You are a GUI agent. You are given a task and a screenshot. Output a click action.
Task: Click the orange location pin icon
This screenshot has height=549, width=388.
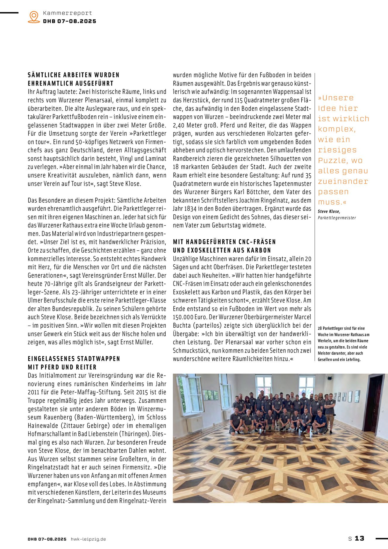click(34, 17)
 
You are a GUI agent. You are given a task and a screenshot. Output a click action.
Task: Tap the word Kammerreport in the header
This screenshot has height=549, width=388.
click(67, 13)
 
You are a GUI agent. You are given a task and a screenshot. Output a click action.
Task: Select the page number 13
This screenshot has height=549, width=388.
click(360, 538)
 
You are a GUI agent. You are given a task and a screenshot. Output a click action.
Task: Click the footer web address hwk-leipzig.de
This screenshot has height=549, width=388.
click(88, 539)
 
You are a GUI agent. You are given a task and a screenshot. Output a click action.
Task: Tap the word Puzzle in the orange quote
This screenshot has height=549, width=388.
click(332, 160)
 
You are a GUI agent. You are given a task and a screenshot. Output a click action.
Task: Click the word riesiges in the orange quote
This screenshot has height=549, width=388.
click(337, 150)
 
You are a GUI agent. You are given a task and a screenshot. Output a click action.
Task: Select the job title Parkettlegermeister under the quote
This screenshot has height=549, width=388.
click(337, 218)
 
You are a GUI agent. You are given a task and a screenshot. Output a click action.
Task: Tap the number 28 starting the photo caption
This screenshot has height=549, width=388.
click(320, 329)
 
